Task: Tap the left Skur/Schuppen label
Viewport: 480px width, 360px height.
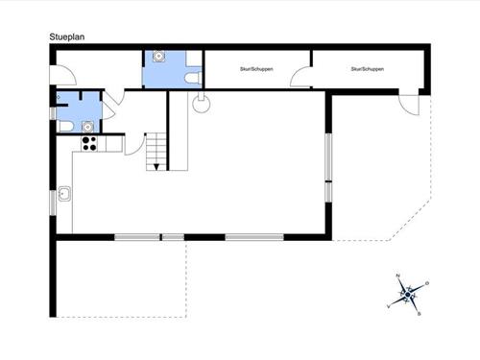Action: click(250, 69)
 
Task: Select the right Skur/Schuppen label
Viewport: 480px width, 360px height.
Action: click(368, 69)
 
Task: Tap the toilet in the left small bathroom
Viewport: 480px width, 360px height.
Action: click(63, 125)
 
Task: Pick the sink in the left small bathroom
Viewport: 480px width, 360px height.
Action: click(87, 124)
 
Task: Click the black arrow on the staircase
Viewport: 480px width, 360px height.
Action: click(151, 167)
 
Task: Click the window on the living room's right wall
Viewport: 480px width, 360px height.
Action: click(327, 167)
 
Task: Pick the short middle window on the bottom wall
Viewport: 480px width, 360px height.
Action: click(173, 236)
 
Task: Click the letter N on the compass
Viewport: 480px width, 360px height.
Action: click(397, 276)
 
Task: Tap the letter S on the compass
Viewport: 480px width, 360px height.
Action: click(420, 312)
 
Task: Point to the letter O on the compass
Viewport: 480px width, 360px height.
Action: click(427, 283)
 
